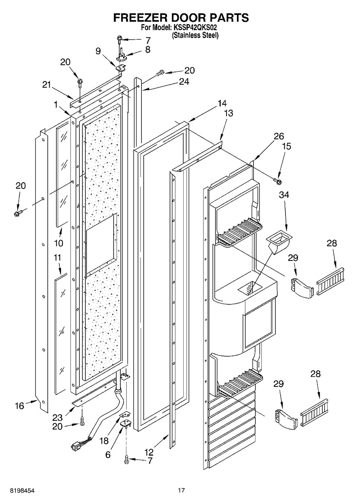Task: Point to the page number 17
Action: coord(181,490)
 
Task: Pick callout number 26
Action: coord(279,136)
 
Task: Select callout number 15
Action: coord(287,146)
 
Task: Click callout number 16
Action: coord(19,406)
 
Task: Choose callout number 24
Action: coord(184,81)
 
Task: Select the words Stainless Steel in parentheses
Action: coord(195,35)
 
